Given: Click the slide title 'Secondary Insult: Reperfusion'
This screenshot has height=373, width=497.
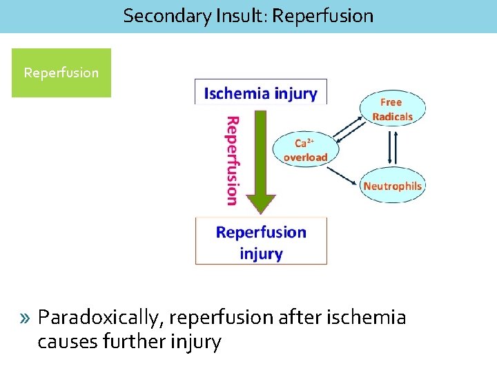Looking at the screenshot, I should [x=248, y=16].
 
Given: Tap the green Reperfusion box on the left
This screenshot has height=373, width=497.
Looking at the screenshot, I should [x=61, y=73].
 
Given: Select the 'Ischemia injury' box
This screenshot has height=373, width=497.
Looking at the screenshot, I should [x=260, y=93].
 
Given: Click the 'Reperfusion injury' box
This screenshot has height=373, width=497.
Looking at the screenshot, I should [x=260, y=242].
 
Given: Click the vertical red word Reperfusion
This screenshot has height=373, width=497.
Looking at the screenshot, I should [x=232, y=160].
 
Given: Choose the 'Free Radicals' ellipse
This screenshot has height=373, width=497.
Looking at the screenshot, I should [x=391, y=109].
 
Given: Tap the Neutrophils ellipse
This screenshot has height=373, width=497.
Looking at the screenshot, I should [x=392, y=186].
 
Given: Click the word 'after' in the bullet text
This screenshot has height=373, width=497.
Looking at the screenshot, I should [x=293, y=318].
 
